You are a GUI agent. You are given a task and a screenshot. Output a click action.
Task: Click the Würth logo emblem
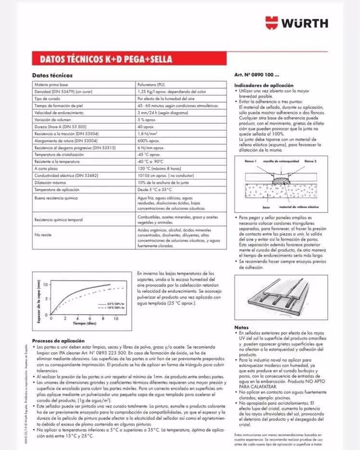(273, 22)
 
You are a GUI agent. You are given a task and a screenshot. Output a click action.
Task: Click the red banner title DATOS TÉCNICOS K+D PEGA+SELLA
(102, 60)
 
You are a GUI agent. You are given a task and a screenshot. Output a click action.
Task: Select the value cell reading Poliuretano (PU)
(154, 84)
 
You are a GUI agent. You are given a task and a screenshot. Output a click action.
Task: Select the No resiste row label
(43, 235)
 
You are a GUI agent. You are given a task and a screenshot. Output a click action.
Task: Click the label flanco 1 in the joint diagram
(250, 161)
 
